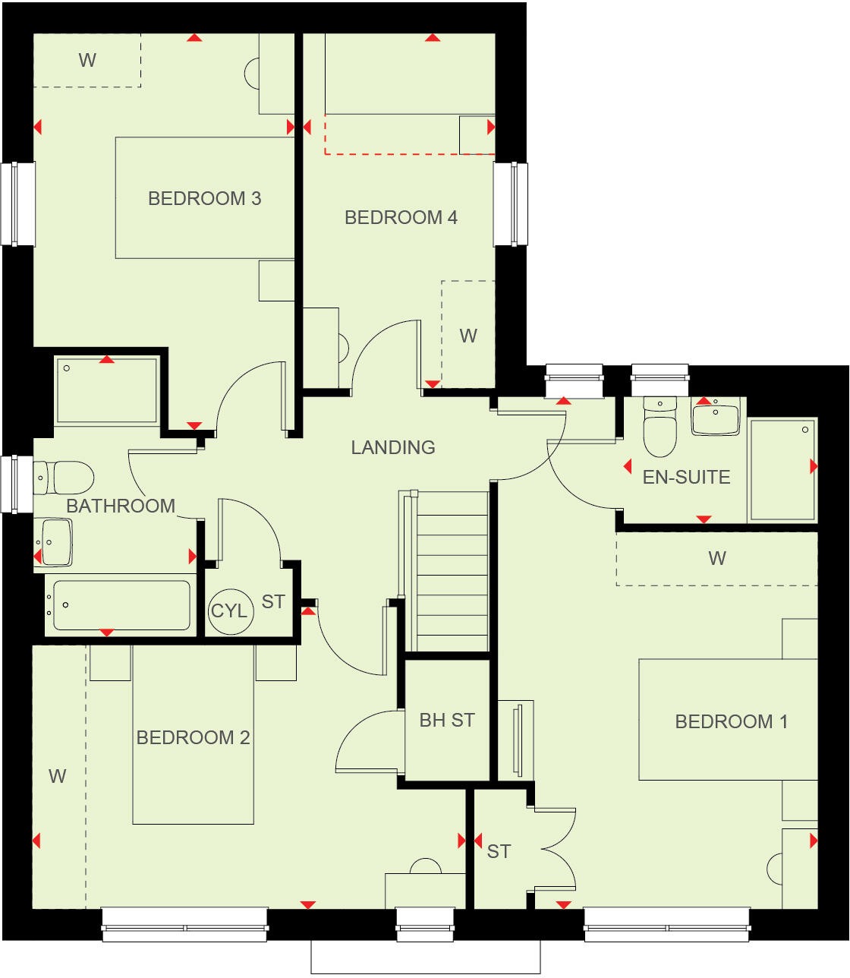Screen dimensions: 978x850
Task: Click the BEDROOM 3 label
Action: click(x=204, y=199)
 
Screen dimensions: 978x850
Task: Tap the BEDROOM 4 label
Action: click(x=401, y=218)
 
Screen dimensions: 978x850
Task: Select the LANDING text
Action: click(x=392, y=448)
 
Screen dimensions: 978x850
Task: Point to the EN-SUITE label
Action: click(x=686, y=478)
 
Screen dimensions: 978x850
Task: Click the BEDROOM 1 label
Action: click(x=731, y=721)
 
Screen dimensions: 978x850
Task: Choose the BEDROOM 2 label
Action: click(x=193, y=738)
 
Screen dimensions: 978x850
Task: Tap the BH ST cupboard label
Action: click(x=447, y=721)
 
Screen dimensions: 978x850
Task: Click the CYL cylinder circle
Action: click(x=229, y=611)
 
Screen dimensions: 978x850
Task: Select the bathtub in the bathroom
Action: click(x=121, y=605)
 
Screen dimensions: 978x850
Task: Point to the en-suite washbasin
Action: click(x=716, y=419)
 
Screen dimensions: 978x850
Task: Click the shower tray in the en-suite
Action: click(x=782, y=469)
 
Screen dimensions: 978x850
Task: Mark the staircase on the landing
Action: click(x=452, y=571)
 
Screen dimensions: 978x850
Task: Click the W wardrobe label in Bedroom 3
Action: click(x=87, y=61)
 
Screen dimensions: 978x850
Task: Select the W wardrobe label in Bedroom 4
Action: click(x=468, y=336)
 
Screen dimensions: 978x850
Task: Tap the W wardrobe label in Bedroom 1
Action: click(x=717, y=559)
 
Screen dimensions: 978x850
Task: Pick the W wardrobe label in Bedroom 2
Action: click(x=58, y=776)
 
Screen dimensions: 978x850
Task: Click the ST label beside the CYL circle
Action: click(x=273, y=602)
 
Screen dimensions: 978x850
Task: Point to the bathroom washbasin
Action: click(x=55, y=542)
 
